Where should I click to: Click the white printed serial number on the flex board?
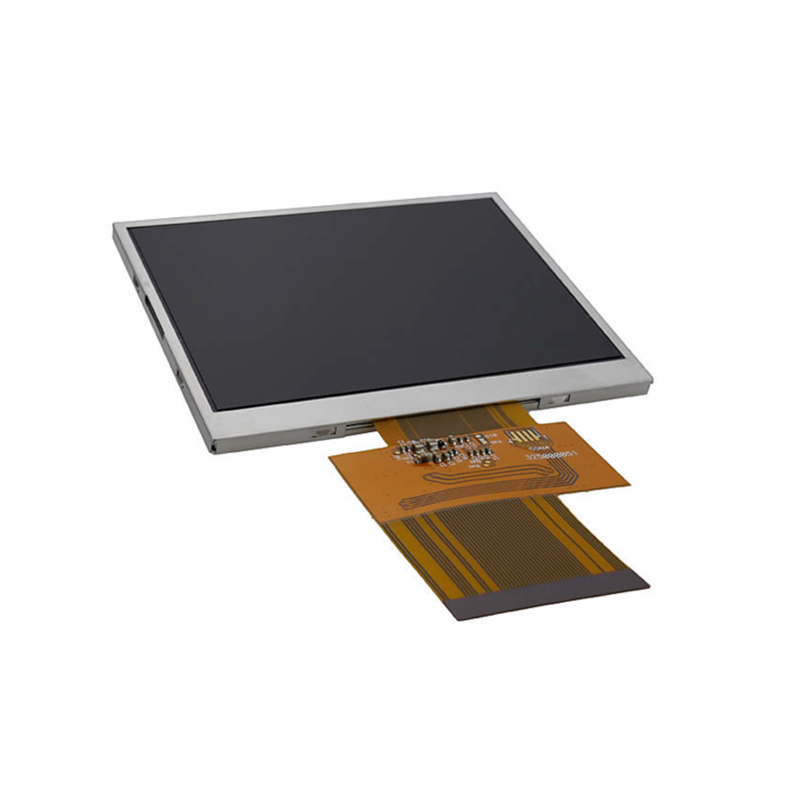tap(552, 455)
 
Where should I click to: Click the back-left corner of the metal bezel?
tap(115, 226)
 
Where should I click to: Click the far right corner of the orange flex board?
tap(628, 485)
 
